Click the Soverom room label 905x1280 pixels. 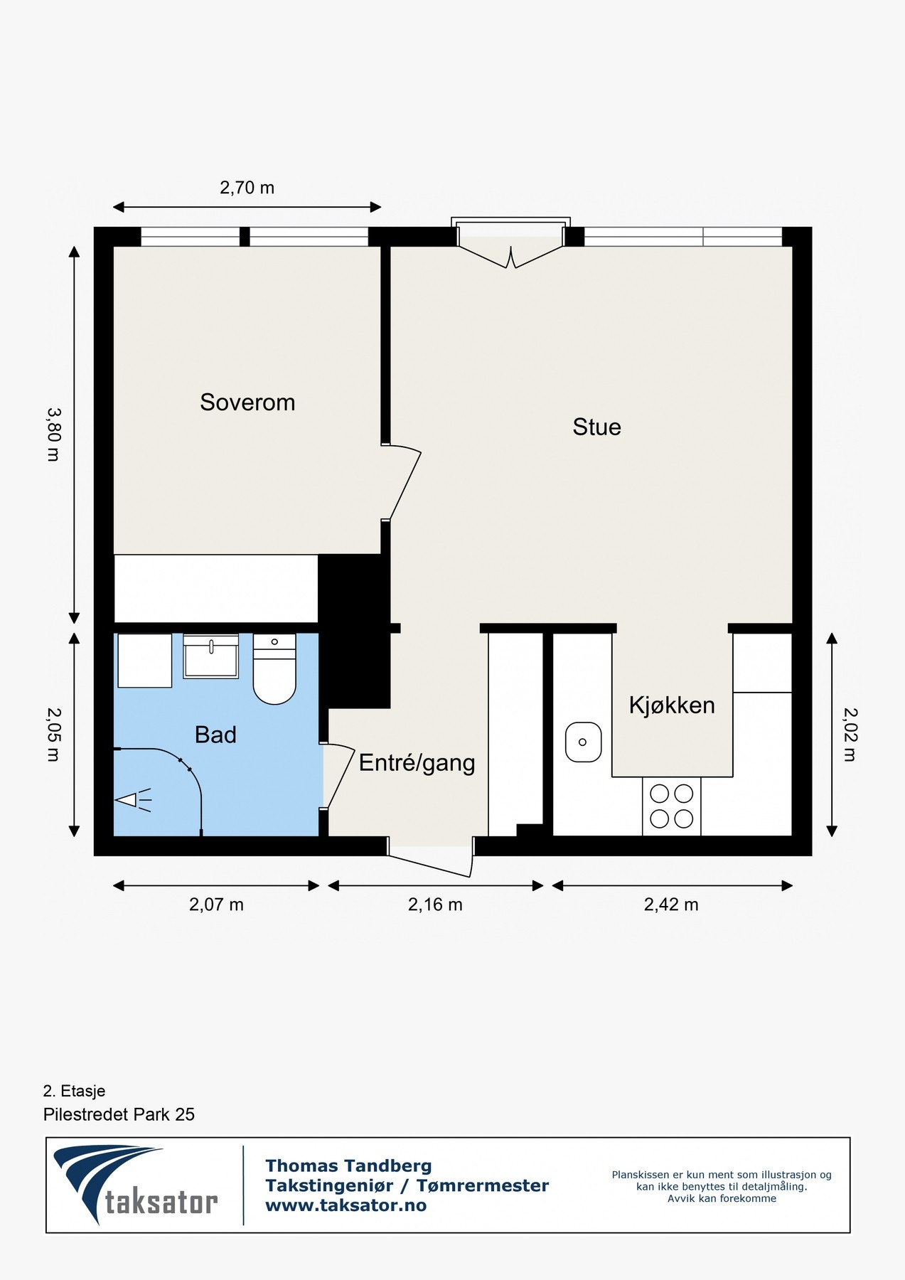(x=247, y=402)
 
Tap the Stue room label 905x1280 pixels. (x=596, y=427)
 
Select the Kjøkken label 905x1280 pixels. (x=672, y=705)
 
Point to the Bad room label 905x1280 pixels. (x=215, y=735)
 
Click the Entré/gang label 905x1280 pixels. (x=417, y=763)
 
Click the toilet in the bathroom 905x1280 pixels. (x=274, y=672)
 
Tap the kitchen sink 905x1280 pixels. (x=583, y=742)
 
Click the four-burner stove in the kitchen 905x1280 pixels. (x=672, y=806)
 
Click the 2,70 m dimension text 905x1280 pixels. (x=247, y=188)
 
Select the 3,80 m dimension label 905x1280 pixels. (x=53, y=434)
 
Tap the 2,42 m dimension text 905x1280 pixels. (x=671, y=905)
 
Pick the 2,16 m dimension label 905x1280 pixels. (x=435, y=905)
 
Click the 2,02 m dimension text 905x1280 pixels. (x=850, y=735)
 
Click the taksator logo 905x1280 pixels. (x=135, y=1184)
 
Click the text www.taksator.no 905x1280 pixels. (x=346, y=1205)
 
